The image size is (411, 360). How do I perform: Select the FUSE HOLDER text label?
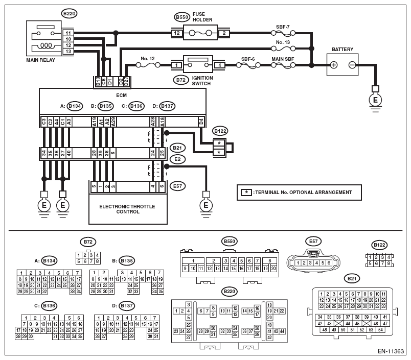[202, 17]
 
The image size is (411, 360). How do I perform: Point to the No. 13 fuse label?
[283, 42]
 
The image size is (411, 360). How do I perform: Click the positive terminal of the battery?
[334, 65]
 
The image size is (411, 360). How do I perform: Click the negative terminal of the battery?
[352, 65]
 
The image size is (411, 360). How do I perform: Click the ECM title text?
[123, 94]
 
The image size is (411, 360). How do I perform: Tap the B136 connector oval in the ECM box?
[136, 106]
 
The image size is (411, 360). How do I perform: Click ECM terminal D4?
[201, 122]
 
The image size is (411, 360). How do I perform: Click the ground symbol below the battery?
[376, 100]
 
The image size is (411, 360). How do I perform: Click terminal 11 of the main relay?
[67, 33]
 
